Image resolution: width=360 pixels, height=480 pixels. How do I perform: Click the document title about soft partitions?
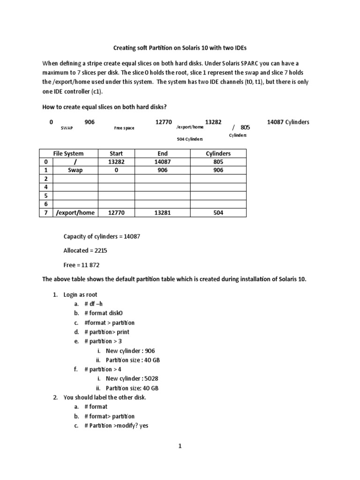180,48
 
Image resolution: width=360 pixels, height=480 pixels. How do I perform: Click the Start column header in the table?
116,153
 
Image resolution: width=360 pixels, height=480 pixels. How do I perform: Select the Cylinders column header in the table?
218,153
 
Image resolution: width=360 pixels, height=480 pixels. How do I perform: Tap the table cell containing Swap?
75,170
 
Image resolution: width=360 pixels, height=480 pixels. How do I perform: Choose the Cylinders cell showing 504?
218,212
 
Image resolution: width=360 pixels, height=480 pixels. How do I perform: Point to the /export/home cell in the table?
75,212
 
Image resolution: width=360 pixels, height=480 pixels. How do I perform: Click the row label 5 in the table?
46,195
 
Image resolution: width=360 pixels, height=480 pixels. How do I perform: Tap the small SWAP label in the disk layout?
67,127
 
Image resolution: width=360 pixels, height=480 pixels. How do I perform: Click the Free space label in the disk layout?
124,127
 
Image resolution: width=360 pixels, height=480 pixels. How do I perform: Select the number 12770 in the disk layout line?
164,122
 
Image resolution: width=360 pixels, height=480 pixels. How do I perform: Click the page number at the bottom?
180,446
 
